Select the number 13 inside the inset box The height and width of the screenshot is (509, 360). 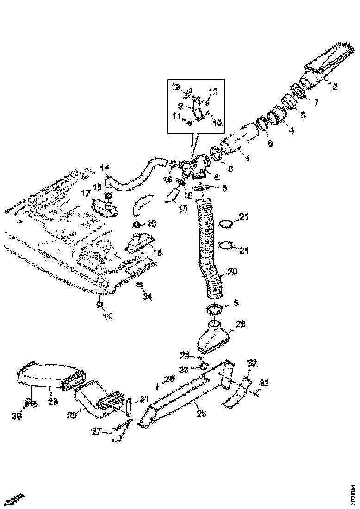[176, 87]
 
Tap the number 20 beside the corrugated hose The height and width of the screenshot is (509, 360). [232, 272]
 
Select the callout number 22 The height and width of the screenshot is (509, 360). [241, 324]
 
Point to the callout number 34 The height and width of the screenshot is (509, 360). [147, 297]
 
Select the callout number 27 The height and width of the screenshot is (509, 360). [96, 433]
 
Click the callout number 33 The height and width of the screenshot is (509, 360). [263, 383]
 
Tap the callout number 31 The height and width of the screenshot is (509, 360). [144, 399]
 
